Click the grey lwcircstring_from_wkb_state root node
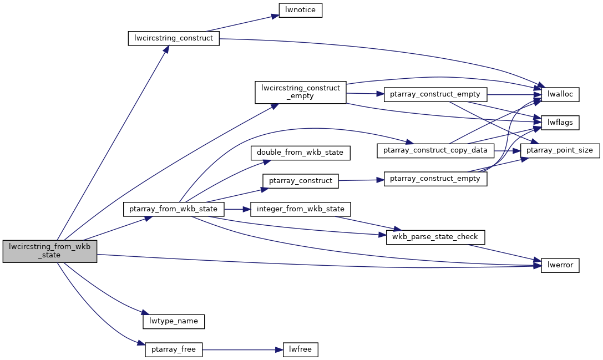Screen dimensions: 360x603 (50, 251)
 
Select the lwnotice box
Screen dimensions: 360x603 (300, 10)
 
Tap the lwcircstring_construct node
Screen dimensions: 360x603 (174, 38)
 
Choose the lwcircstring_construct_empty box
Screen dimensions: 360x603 (300, 92)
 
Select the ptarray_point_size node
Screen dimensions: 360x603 (560, 150)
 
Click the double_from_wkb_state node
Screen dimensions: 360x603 (300, 153)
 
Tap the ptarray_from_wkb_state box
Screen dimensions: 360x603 (174, 209)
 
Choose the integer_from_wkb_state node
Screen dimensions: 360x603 (300, 209)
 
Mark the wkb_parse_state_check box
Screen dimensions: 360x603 (435, 236)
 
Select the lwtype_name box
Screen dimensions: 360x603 (174, 321)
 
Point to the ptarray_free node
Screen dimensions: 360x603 (174, 349)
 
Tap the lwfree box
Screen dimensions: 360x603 (300, 349)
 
